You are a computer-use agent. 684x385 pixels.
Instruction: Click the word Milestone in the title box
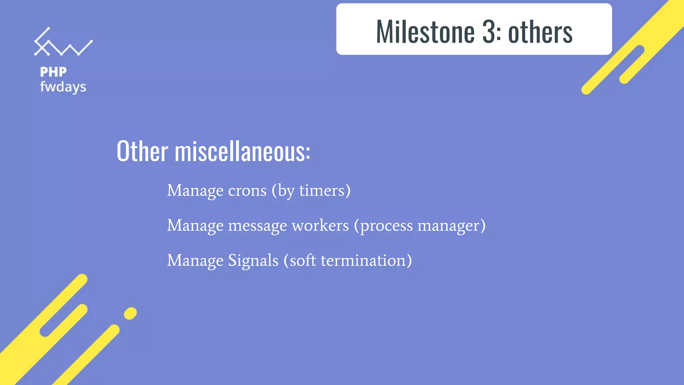coord(425,32)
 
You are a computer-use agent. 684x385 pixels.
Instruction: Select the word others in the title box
coord(540,32)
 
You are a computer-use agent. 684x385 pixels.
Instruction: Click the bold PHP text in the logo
coord(53,72)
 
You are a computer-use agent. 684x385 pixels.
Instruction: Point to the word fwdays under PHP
coord(63,87)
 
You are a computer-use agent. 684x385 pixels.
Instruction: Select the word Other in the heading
coord(142,151)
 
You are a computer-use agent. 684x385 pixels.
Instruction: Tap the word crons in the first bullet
coord(247,191)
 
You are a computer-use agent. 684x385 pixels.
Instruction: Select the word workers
coord(320,225)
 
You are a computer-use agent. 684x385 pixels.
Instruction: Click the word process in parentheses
coord(386,226)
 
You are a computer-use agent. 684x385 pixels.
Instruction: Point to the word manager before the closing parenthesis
coord(448,226)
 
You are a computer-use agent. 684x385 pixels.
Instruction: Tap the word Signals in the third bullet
coord(253,261)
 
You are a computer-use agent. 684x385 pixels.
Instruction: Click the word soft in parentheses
coord(303,260)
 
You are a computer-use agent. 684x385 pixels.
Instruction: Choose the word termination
coord(363,260)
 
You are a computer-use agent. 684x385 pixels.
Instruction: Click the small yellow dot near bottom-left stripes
coord(130,313)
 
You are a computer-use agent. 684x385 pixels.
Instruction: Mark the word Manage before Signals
coord(195,261)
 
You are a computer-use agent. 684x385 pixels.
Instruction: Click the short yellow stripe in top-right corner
coord(632,65)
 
